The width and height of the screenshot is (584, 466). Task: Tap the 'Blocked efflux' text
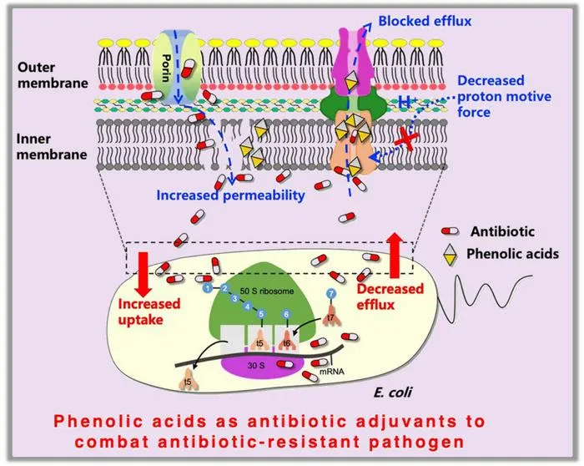pos(425,21)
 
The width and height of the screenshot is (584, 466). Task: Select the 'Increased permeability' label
pos(230,195)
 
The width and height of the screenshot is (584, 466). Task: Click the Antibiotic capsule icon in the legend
pos(450,231)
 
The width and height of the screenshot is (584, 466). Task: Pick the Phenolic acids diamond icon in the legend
pos(451,255)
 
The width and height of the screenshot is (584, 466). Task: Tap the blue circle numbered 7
pos(330,294)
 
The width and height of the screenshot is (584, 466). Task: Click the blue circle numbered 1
pos(208,288)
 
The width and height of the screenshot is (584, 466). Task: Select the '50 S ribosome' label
pos(267,291)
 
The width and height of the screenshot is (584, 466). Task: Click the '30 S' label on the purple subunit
pos(256,366)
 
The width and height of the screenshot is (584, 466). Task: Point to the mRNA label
pos(332,372)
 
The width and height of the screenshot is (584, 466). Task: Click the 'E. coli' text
pos(393,393)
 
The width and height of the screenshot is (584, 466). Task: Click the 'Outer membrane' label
pos(53,75)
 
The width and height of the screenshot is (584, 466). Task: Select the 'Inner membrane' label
pos(52,146)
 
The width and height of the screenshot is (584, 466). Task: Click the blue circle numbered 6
pos(286,314)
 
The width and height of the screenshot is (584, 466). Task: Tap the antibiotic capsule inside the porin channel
pos(188,68)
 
